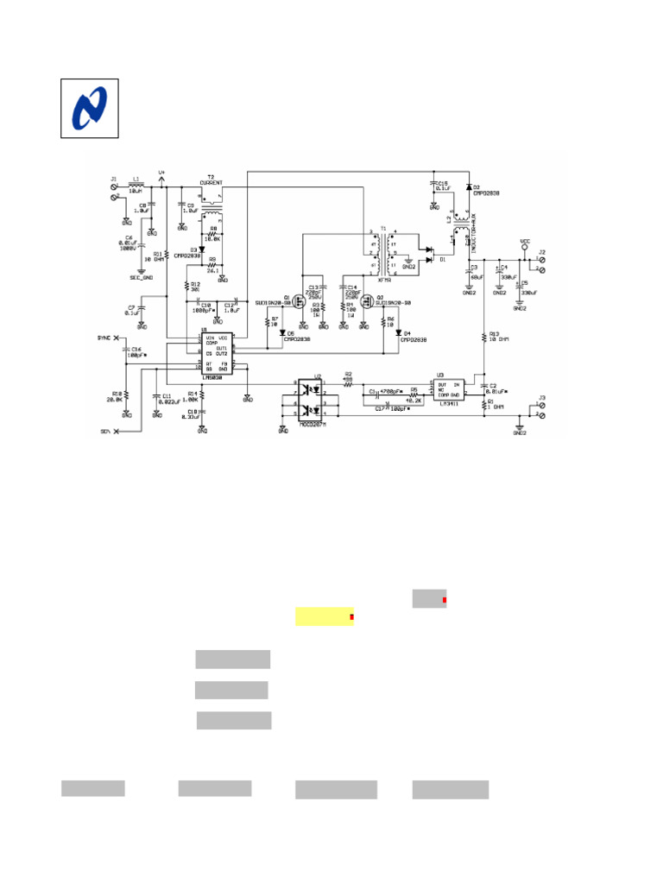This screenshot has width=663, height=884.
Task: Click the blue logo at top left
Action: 88,108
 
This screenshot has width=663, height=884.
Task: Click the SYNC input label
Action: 104,338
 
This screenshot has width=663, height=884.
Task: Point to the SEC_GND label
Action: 141,278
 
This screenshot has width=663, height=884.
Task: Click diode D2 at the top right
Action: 468,187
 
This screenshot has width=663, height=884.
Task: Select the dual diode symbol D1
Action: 428,256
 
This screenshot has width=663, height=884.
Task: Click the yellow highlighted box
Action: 325,616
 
